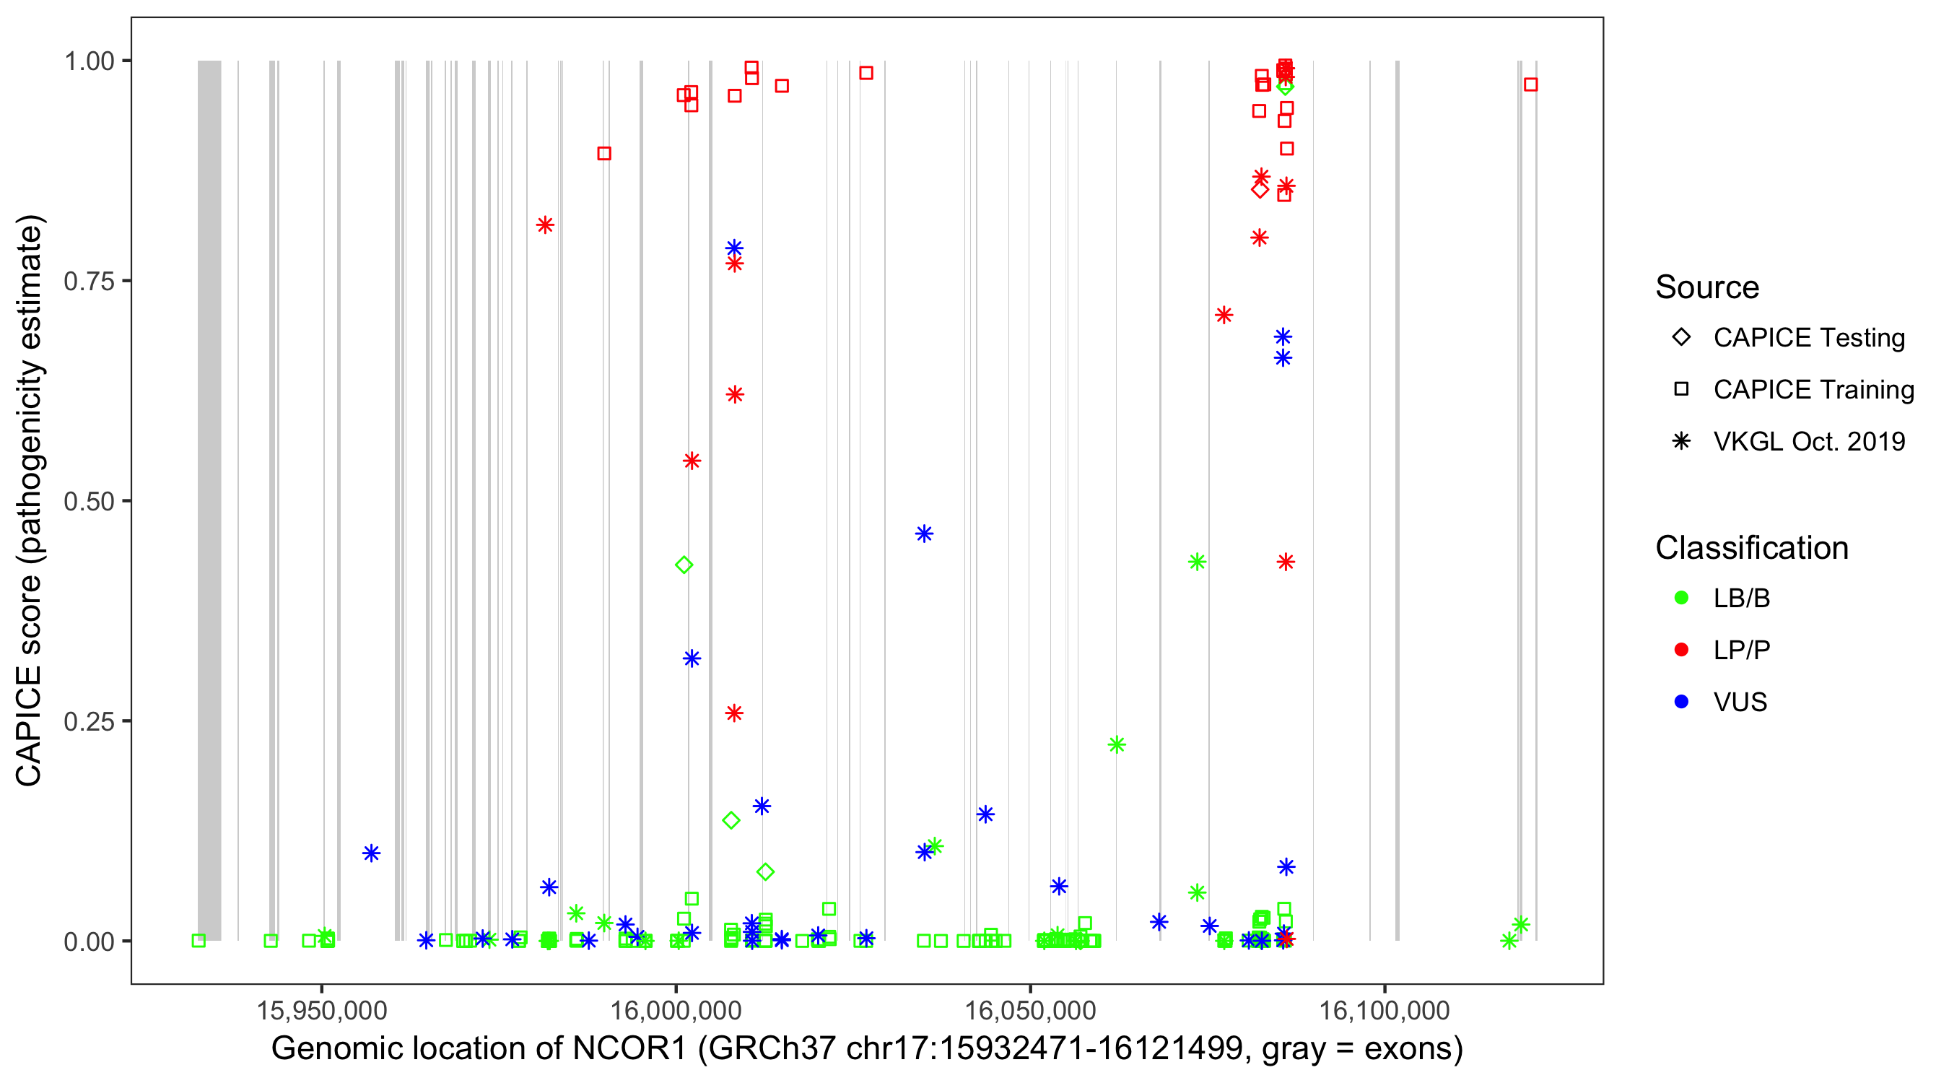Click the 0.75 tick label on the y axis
tap(88, 281)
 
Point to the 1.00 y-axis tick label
tap(88, 61)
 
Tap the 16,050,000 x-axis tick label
tap(1030, 1010)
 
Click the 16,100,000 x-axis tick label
tap(1385, 1010)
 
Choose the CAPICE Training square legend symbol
tap(1681, 390)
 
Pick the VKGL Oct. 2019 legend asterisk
tap(1681, 441)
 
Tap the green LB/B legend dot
tap(1681, 598)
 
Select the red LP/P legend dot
tap(1681, 650)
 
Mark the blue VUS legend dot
tap(1681, 702)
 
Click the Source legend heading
tap(1707, 287)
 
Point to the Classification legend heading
tap(1751, 548)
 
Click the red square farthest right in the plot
tap(1530, 84)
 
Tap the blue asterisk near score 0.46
tap(924, 534)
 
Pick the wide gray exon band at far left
tap(209, 500)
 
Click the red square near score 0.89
tap(603, 154)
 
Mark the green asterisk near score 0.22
tap(1117, 744)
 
